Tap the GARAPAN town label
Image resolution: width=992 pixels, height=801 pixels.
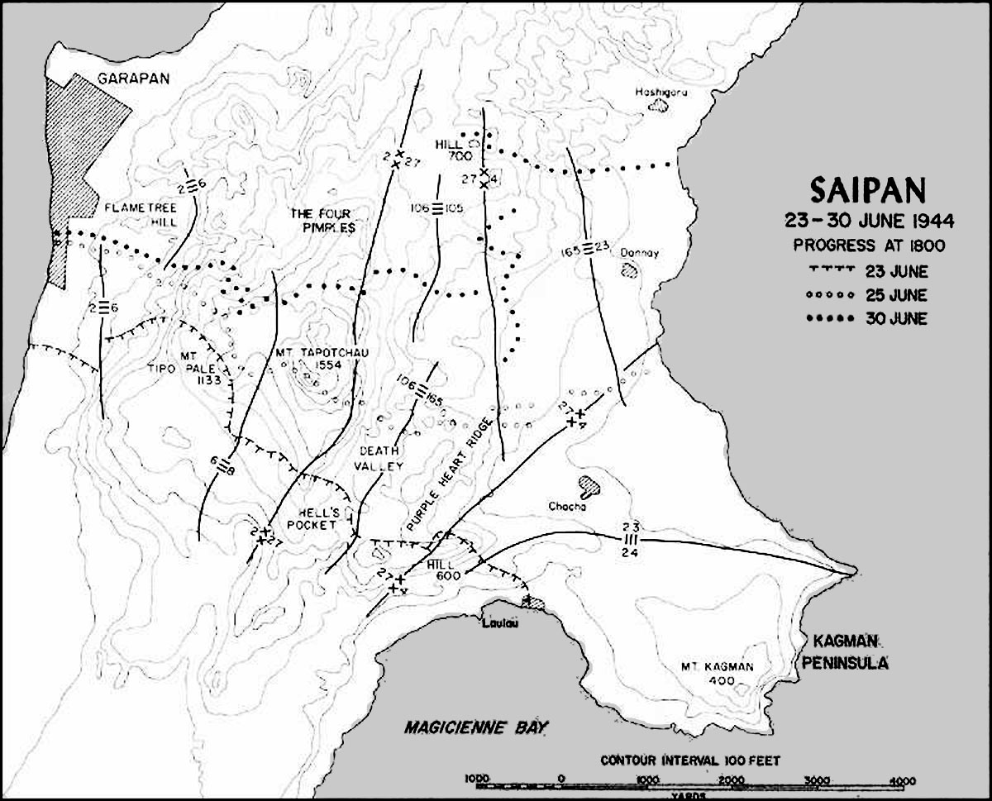pos(133,79)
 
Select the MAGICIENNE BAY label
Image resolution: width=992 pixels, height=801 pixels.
pos(476,727)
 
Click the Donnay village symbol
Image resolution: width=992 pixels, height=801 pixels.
pos(630,269)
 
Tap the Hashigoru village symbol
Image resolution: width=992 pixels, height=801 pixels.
pos(660,105)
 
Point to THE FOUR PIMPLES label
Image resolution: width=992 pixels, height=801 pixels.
pos(323,219)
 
